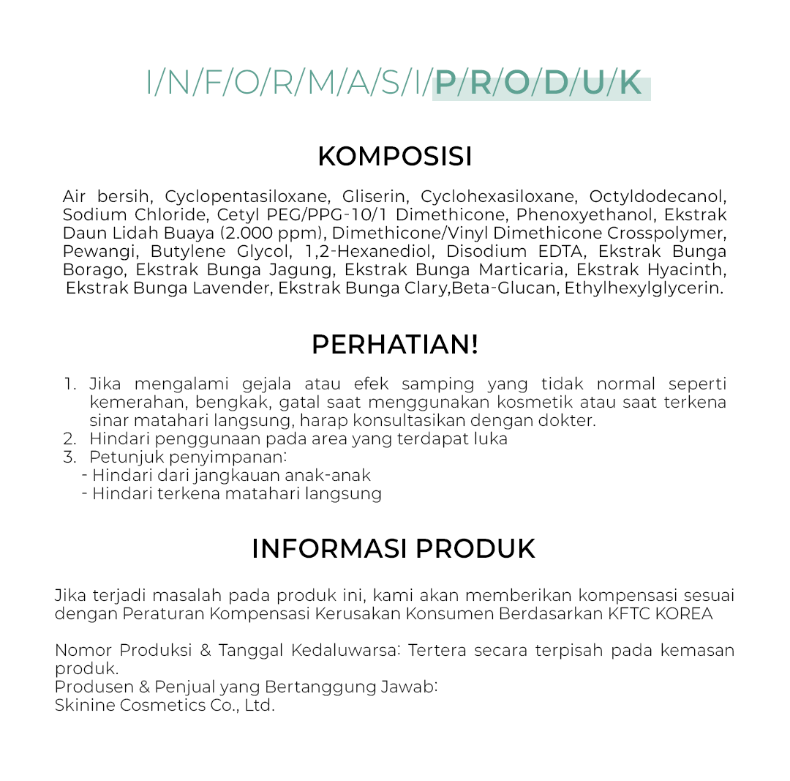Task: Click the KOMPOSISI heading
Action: click(395, 157)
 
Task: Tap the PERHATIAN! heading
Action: click(395, 345)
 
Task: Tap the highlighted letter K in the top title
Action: click(630, 84)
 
